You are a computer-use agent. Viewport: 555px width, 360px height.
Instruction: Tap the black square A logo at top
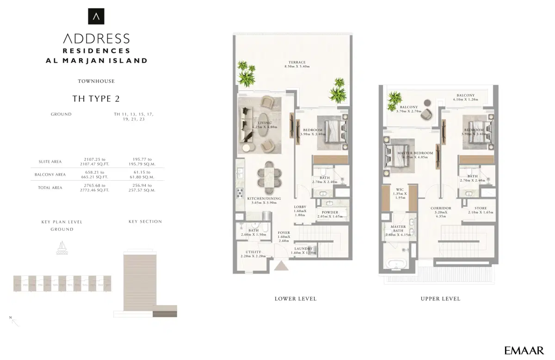[96, 17]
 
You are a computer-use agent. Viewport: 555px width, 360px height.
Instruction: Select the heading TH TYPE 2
[96, 98]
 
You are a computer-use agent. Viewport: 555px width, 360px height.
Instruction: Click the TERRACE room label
[297, 63]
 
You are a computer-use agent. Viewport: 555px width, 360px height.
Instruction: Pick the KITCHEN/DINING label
[262, 198]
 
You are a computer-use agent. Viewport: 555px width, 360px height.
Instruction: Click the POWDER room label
[330, 213]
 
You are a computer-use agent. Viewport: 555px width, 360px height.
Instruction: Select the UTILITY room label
[253, 252]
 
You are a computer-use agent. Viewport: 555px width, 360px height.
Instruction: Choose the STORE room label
[481, 208]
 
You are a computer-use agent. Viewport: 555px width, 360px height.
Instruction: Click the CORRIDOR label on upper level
[440, 208]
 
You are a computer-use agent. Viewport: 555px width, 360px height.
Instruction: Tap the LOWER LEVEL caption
[296, 299]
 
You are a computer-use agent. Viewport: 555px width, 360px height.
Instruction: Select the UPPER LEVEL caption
[440, 299]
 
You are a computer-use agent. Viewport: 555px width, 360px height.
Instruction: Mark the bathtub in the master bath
[396, 265]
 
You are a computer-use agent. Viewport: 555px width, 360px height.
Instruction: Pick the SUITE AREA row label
[50, 162]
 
